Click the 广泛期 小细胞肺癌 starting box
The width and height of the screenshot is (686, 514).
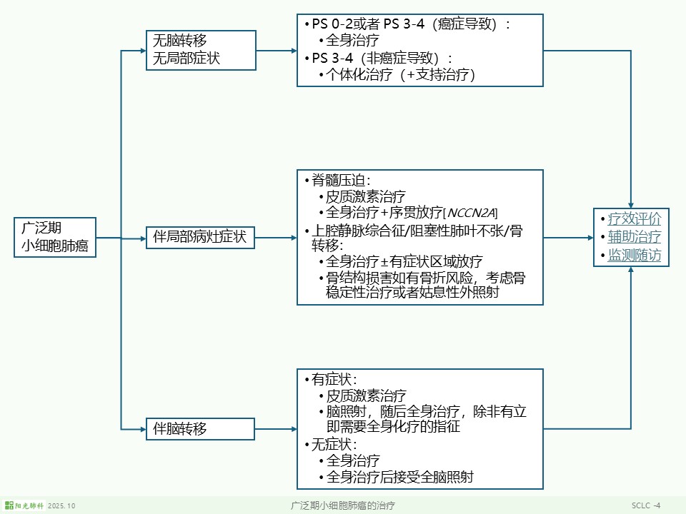(x=55, y=238)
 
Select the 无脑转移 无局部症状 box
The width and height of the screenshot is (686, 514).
(x=201, y=50)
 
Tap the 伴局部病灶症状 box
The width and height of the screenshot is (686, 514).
(x=201, y=238)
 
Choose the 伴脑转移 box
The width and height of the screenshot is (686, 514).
(x=201, y=429)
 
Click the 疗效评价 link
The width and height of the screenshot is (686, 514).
(x=635, y=219)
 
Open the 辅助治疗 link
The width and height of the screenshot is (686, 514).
(x=635, y=237)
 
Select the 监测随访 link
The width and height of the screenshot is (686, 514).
(x=635, y=255)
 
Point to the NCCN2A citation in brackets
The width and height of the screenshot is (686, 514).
(x=471, y=213)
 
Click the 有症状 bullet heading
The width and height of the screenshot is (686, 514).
(x=334, y=379)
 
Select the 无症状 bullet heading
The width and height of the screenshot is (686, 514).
(x=334, y=444)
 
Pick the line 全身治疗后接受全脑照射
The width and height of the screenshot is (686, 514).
(x=399, y=477)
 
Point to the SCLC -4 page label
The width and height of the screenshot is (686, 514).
(x=646, y=505)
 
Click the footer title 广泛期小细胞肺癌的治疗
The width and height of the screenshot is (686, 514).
(x=343, y=505)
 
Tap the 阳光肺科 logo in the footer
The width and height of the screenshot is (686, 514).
(x=24, y=505)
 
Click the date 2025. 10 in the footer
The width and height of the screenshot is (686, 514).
(x=61, y=505)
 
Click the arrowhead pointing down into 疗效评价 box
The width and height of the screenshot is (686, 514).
(x=631, y=204)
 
